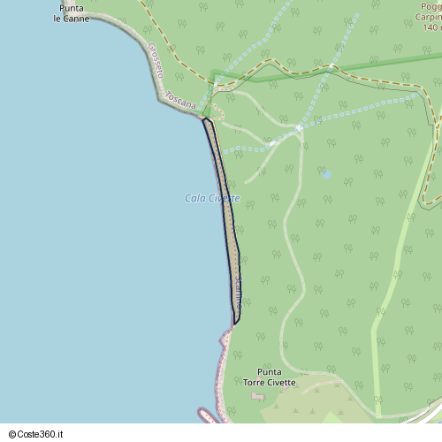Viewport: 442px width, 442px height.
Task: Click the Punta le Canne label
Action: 71,12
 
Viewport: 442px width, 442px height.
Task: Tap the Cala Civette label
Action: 212,198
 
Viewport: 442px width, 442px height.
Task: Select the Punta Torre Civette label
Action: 270,377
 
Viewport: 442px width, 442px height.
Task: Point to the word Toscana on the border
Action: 180,103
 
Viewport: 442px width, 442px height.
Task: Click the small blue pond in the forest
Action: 326,174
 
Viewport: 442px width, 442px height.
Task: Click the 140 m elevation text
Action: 431,27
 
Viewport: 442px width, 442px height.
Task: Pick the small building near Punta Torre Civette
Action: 257,395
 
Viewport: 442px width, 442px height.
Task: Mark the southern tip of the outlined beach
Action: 235,323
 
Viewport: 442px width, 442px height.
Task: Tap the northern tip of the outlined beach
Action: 205,118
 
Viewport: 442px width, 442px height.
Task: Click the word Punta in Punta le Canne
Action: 72,8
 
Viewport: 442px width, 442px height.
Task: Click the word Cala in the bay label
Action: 194,198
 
